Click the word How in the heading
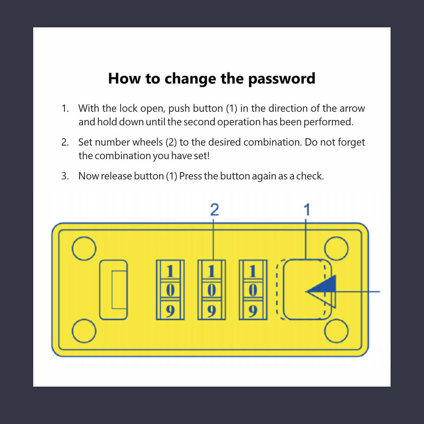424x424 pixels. pos(124,78)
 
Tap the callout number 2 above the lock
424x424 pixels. pos(214,210)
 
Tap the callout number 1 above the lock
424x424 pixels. pos(307,210)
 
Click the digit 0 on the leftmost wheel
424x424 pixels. pos(170,290)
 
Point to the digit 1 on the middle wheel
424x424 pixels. pos(212,271)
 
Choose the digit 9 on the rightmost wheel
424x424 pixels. pos(253,311)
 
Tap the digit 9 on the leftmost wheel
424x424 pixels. pos(170,311)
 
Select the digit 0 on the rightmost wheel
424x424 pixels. pos(253,290)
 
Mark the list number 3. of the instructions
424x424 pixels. pos(65,176)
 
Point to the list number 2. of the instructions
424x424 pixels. pos(65,142)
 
